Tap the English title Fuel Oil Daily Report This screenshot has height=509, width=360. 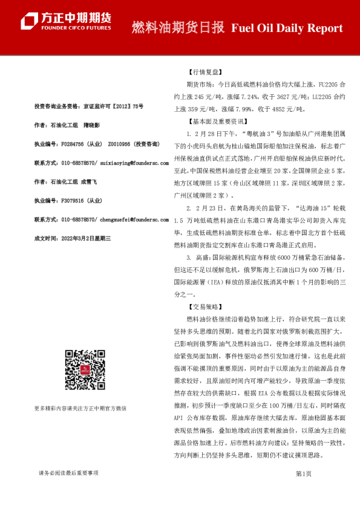[x=287, y=28]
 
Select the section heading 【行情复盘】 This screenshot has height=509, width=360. [x=206, y=70]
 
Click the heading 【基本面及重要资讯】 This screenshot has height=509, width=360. [x=217, y=122]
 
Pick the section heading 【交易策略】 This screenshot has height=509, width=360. [x=206, y=306]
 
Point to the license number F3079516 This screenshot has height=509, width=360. [x=73, y=201]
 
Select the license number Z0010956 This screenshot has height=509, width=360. [x=120, y=144]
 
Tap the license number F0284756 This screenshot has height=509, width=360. [x=74, y=144]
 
